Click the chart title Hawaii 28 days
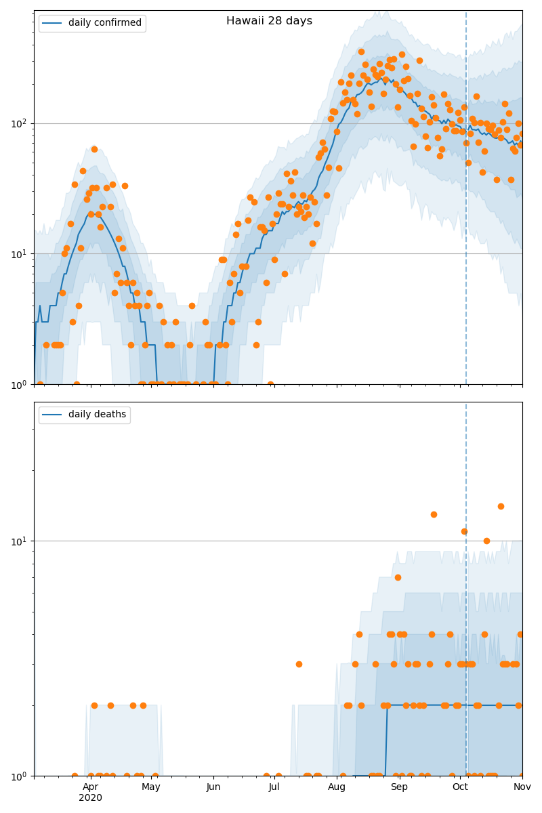[269, 21]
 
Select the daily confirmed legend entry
[104, 23]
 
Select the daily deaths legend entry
[97, 415]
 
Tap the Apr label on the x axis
[90, 787]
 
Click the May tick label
[151, 787]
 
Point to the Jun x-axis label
[213, 787]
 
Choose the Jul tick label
[274, 787]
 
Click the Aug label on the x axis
[337, 787]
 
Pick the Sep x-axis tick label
[399, 787]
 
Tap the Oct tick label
[460, 787]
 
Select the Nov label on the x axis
[522, 787]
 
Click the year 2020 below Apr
[90, 798]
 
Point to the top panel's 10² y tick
[20, 123]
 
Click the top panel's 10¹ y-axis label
[20, 254]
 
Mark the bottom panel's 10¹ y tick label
[20, 541]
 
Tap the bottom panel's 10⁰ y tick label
[20, 775]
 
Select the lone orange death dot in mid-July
[299, 664]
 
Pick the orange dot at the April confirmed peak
[94, 149]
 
